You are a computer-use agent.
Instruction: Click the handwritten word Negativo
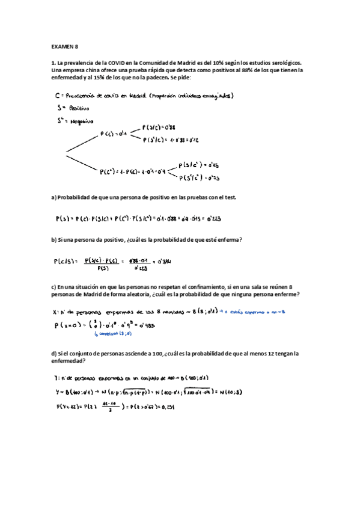[81, 121]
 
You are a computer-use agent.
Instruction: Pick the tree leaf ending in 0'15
[199, 164]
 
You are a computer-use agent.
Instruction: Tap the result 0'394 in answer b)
[163, 262]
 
